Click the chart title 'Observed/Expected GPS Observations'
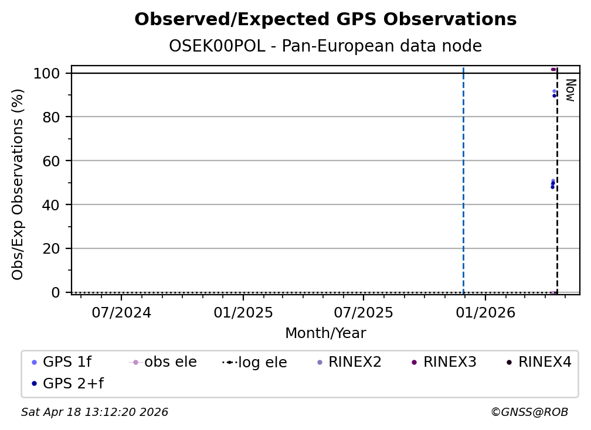pyautogui.click(x=325, y=20)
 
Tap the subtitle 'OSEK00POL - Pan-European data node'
pyautogui.click(x=325, y=46)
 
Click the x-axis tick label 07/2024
pyautogui.click(x=121, y=312)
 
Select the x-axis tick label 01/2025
pyautogui.click(x=243, y=312)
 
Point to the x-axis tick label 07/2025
pyautogui.click(x=364, y=312)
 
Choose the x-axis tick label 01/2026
pyautogui.click(x=484, y=312)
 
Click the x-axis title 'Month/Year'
pyautogui.click(x=325, y=333)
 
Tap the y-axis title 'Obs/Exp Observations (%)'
pyautogui.click(x=18, y=184)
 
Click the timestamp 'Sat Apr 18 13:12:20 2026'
pyautogui.click(x=95, y=412)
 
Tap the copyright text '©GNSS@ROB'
pyautogui.click(x=529, y=412)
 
